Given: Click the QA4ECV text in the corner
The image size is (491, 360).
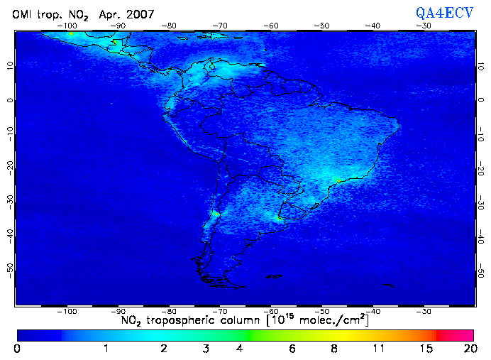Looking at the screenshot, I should (x=445, y=12).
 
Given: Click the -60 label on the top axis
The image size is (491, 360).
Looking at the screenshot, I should (x=271, y=25).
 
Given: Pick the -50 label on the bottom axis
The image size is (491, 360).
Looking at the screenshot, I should (x=322, y=310).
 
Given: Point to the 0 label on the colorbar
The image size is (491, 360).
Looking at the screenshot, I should (x=17, y=349).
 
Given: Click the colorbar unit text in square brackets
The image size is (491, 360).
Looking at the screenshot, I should (x=317, y=320).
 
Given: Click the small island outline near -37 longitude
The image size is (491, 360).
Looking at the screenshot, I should (x=387, y=285).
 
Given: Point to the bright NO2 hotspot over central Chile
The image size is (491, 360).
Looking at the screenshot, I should (x=215, y=214).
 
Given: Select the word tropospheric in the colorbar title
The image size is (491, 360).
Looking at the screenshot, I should (x=190, y=320).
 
